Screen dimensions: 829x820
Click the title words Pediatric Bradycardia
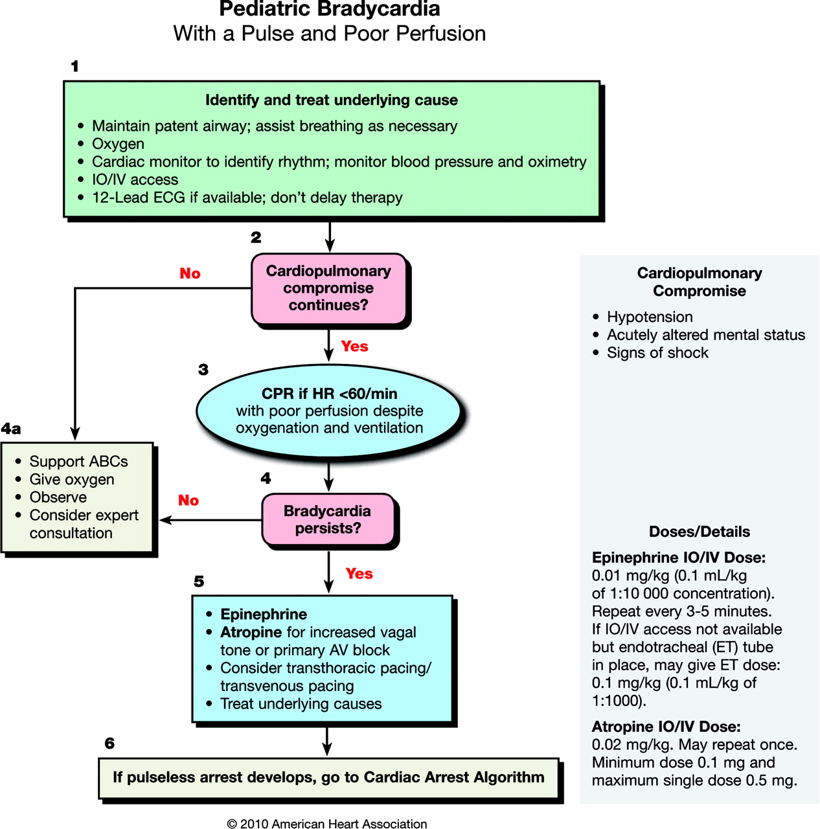click(329, 10)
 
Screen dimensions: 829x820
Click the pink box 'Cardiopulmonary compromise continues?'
click(328, 288)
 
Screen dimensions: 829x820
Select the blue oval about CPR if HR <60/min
click(329, 411)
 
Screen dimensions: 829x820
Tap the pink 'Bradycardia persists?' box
click(327, 519)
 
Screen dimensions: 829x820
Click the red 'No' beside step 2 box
click(190, 274)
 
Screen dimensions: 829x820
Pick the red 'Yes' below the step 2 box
click(354, 346)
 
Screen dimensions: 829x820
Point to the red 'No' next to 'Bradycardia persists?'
click(188, 501)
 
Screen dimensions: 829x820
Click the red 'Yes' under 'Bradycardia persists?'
click(359, 574)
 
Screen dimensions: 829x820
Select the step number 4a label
click(11, 429)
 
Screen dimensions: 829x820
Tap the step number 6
click(109, 744)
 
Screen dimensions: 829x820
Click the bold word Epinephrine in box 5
click(264, 614)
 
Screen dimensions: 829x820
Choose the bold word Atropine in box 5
click(251, 632)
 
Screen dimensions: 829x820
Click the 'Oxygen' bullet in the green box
click(118, 144)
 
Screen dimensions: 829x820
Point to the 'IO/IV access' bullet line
click(135, 179)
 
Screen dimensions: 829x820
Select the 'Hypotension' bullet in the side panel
click(649, 317)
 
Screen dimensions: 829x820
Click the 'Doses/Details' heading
click(699, 532)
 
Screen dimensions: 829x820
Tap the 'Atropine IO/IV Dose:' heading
click(666, 727)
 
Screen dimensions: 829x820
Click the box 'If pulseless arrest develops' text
click(328, 777)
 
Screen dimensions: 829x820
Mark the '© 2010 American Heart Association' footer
click(327, 824)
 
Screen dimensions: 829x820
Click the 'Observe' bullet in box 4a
click(58, 497)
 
